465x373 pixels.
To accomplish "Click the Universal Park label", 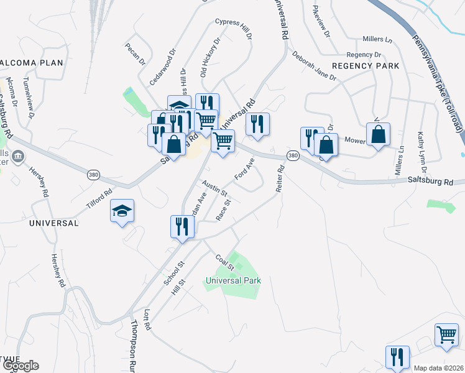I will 233,280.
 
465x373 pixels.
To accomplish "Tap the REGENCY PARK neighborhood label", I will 365,65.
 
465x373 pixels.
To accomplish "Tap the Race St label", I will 223,210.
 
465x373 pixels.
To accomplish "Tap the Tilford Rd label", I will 99,198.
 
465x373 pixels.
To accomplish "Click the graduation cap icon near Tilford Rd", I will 122,211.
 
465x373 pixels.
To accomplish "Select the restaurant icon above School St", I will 182,225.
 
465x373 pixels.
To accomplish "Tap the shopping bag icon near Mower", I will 378,134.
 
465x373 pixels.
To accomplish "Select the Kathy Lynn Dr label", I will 421,152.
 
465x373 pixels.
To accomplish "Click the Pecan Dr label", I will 134,54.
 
